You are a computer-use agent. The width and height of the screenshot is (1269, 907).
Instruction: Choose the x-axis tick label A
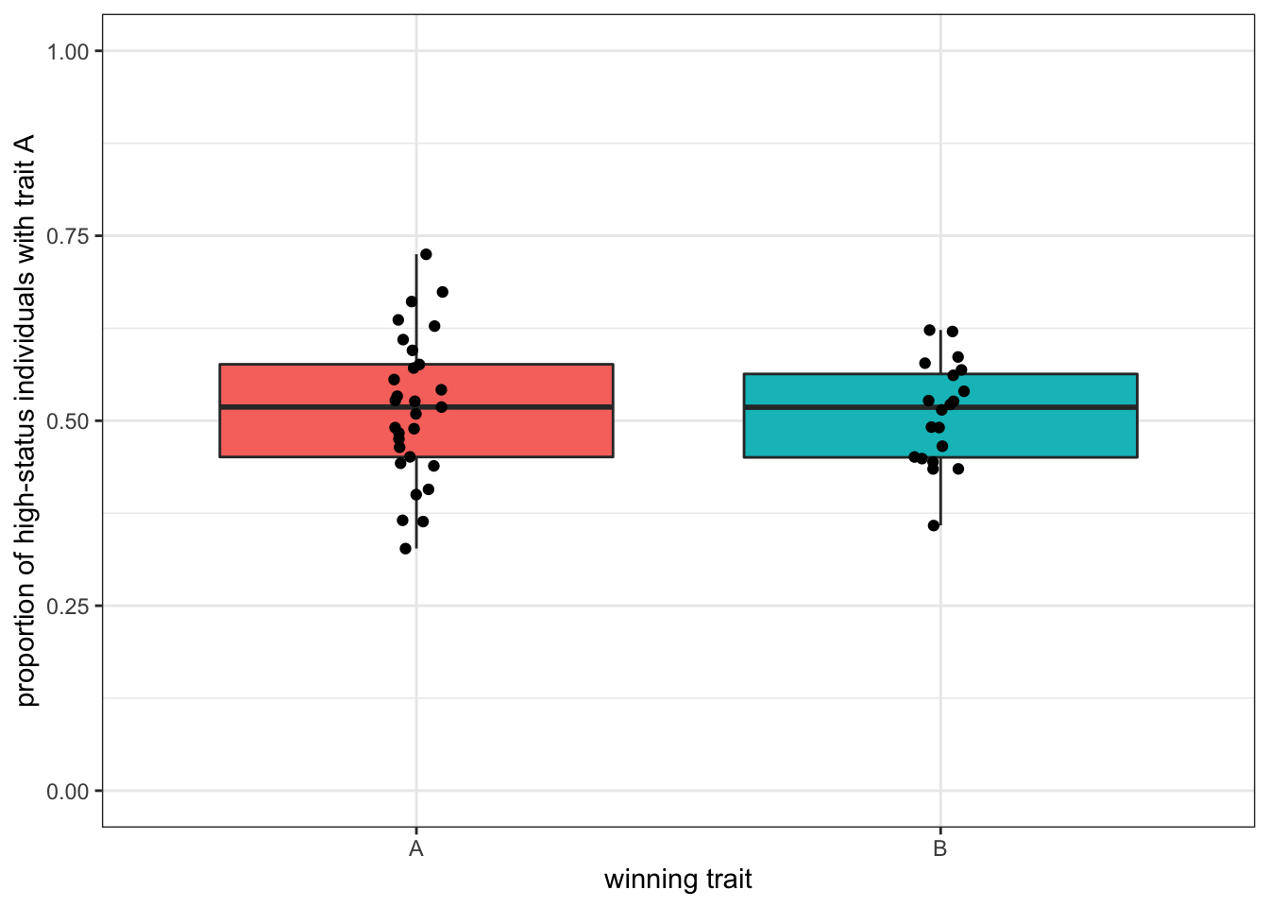pos(416,848)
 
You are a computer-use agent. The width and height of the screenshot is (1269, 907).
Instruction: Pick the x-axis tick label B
pos(939,848)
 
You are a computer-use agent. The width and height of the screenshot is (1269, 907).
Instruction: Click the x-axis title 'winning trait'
pos(678,880)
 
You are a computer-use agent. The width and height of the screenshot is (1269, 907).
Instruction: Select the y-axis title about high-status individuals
pos(25,420)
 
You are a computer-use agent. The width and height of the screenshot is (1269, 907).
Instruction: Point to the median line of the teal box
pos(1039,407)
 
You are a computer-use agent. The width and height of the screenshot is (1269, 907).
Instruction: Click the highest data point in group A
pos(426,254)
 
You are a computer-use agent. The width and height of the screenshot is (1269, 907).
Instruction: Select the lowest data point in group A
pos(406,548)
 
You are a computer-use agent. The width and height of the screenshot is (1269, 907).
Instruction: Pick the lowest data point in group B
pos(934,525)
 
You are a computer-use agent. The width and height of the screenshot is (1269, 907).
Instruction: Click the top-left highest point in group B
pos(929,330)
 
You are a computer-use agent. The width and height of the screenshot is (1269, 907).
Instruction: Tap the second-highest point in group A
pos(442,292)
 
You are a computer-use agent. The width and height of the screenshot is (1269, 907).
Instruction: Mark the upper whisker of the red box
pos(416,312)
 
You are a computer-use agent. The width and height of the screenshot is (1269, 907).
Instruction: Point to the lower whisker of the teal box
pos(940,491)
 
